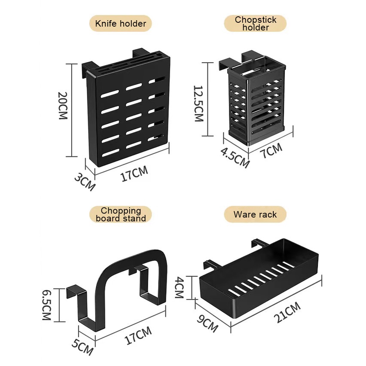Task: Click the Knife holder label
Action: (120, 24)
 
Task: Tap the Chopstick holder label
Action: (255, 24)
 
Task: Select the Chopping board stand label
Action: (120, 214)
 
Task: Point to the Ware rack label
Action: (255, 214)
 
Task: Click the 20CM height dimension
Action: (64, 106)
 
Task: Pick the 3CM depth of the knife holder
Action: (84, 182)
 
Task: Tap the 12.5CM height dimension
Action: (198, 104)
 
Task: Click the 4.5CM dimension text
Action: (235, 158)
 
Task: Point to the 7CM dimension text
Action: (271, 152)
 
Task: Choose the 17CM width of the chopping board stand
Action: (138, 335)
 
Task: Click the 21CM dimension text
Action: (287, 313)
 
